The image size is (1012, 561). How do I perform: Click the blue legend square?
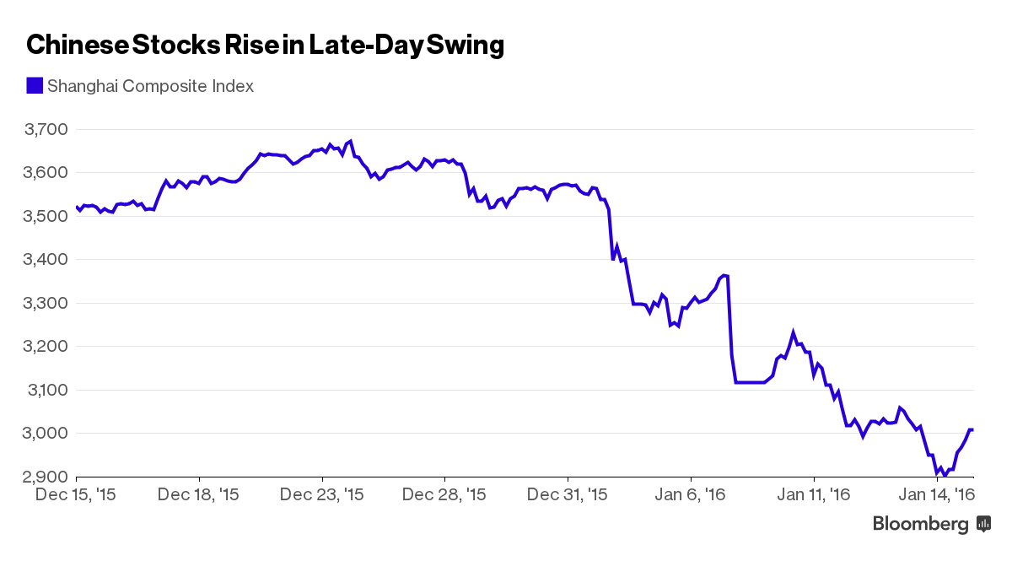click(35, 86)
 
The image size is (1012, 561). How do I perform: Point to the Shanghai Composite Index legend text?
click(150, 86)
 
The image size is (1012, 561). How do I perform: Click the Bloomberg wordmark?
click(920, 525)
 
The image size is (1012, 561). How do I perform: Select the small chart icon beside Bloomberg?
click(983, 525)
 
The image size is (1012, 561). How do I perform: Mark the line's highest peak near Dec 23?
click(350, 142)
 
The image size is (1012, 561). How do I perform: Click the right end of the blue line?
click(972, 430)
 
